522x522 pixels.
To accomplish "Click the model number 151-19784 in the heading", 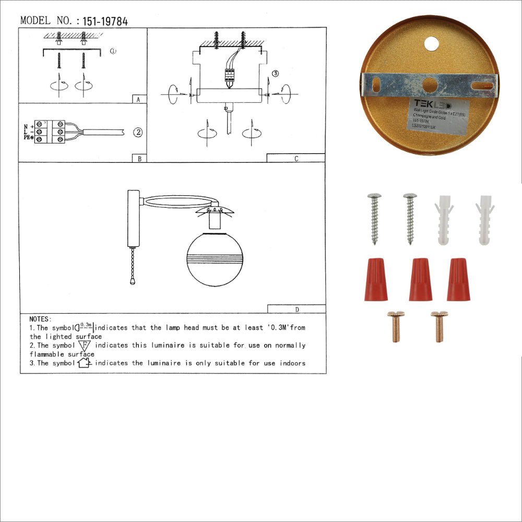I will tap(105, 21).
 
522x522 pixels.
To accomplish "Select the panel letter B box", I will tap(139, 158).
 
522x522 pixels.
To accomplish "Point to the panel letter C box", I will tap(295, 158).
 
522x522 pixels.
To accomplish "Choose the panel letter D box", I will tap(296, 309).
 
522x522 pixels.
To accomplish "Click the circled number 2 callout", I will tap(137, 132).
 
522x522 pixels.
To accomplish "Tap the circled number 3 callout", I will tap(276, 74).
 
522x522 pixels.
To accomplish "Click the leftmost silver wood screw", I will tap(374, 218).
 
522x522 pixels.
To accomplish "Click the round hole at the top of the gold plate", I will tap(432, 44).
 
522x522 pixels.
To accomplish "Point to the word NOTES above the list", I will tap(40, 318).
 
